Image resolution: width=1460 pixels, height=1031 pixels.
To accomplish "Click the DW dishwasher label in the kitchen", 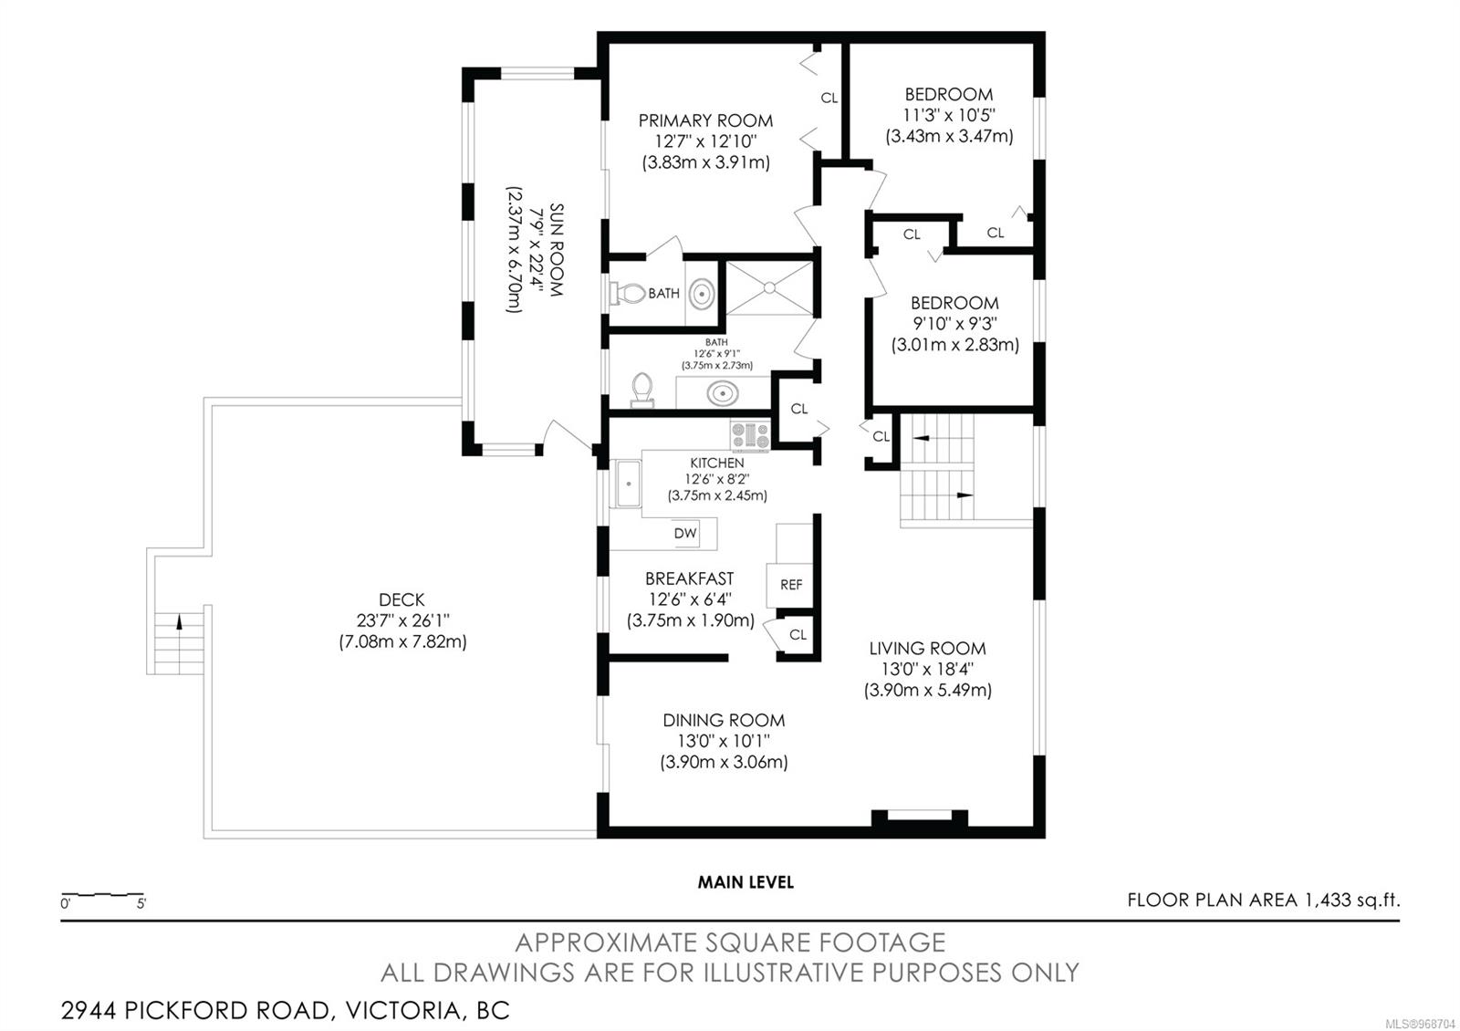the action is (x=685, y=533).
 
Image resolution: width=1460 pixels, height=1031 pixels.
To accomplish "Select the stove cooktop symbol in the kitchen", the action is (x=750, y=436).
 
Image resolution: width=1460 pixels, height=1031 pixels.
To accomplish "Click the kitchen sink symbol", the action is (x=628, y=484).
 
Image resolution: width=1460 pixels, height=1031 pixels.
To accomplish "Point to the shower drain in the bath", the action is (x=770, y=287).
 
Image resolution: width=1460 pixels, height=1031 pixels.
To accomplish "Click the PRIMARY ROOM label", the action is (x=706, y=120).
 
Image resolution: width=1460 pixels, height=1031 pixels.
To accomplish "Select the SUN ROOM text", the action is (x=556, y=250).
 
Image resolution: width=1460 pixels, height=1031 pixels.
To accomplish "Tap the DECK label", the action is (x=401, y=599).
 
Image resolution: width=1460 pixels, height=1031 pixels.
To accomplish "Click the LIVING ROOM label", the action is (x=927, y=649).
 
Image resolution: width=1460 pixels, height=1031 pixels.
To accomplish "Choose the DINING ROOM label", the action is (x=724, y=720).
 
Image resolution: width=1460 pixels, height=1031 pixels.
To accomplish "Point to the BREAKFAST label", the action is (x=690, y=578).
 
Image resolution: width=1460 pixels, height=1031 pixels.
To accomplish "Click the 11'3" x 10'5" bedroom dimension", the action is (x=949, y=115).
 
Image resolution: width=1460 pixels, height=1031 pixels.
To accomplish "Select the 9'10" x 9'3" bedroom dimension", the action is (x=954, y=324).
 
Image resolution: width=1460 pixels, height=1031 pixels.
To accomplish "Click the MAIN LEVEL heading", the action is (x=746, y=882).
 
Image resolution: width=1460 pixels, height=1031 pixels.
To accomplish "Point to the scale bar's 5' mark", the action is (x=141, y=904).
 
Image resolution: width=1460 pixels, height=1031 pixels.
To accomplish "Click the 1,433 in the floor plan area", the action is (x=1328, y=900).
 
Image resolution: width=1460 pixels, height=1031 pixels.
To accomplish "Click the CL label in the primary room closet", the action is (x=829, y=99).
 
